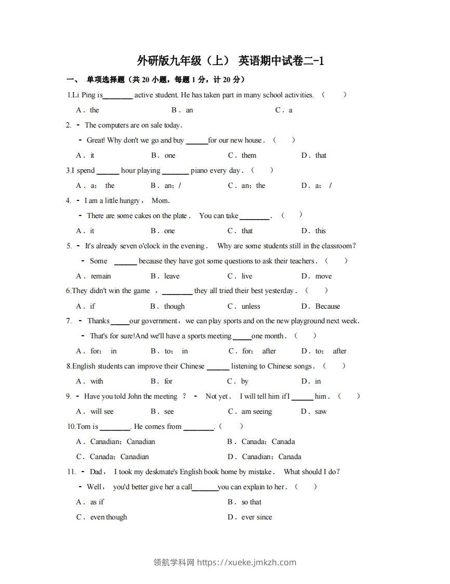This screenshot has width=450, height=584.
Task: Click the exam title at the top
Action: [x=230, y=61]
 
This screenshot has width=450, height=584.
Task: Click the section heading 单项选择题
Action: [x=105, y=80]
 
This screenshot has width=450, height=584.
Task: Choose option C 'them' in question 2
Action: [x=248, y=155]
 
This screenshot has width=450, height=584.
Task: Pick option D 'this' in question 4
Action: [x=321, y=231]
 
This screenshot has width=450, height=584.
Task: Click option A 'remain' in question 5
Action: [x=101, y=276]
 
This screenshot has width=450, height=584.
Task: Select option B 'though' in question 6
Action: [x=174, y=306]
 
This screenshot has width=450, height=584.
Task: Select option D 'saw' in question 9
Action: [x=321, y=411]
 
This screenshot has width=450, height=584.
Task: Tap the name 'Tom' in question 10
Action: [x=83, y=426]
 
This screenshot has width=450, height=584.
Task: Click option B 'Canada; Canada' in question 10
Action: [x=268, y=441]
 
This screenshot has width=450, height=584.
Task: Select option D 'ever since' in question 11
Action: [x=257, y=517]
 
